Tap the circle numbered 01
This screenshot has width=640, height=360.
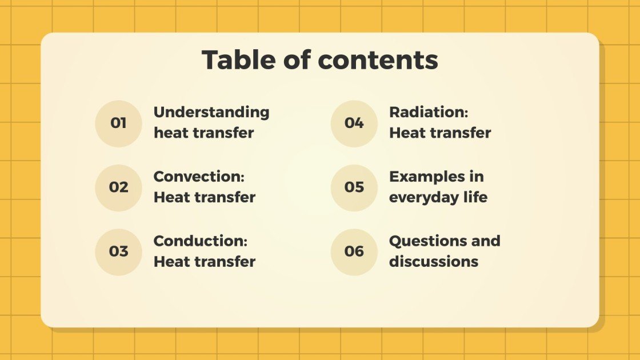tap(118, 123)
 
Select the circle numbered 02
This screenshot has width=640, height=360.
tap(118, 187)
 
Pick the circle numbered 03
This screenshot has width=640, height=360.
tap(118, 251)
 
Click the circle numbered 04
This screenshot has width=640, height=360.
tap(354, 123)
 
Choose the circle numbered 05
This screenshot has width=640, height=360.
tap(354, 187)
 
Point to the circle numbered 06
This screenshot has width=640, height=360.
tap(354, 251)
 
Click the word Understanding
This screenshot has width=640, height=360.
tap(211, 113)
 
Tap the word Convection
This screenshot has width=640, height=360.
tap(199, 177)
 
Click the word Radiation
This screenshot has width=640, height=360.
tap(429, 113)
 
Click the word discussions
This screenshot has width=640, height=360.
tap(434, 262)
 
